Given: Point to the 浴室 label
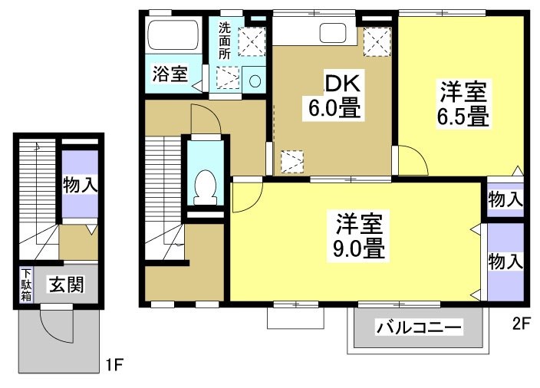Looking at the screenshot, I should click(170, 74).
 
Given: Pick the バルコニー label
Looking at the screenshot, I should click(419, 327).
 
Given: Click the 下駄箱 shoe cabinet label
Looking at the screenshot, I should click(26, 284).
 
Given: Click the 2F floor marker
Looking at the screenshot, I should click(521, 323).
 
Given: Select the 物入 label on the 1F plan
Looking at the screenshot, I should click(80, 185).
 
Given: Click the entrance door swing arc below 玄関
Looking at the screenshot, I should click(55, 326).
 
